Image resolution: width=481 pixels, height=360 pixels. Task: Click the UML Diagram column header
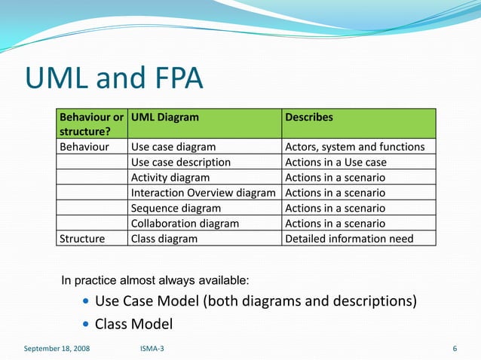165,117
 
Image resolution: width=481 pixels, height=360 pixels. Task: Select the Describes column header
309,117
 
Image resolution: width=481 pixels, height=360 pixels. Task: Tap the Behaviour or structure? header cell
91,124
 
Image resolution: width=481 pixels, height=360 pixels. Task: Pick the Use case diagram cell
173,147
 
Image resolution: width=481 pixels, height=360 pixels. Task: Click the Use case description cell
181,162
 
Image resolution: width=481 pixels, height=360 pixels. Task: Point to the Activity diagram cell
170,178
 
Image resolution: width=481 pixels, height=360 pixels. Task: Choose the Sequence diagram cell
176,208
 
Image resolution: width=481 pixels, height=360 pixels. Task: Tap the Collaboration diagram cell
185,223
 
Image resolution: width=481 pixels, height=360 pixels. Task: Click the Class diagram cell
164,239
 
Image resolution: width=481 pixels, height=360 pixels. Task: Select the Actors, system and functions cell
354,147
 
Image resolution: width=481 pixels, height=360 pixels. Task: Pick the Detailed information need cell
349,239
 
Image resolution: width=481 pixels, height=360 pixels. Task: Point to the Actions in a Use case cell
335,162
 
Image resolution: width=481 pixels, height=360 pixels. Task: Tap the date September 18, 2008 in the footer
57,349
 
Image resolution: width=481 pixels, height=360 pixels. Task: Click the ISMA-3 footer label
154,349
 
